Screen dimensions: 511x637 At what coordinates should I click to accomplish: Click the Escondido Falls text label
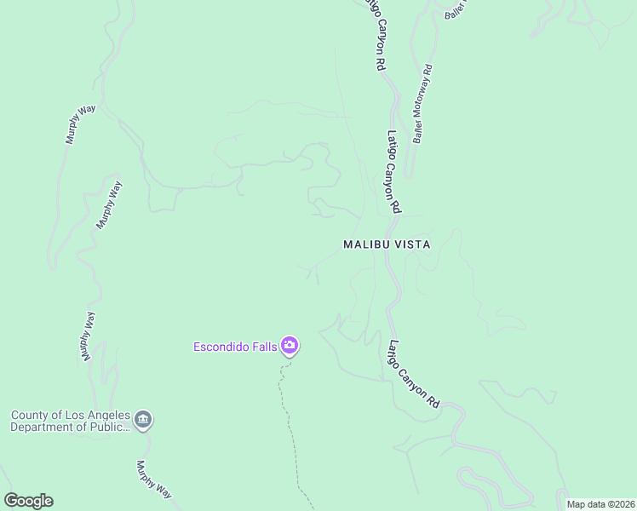(235, 346)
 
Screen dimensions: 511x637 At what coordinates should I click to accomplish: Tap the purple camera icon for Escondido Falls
(290, 346)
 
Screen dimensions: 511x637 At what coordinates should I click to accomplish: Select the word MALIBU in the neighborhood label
(366, 244)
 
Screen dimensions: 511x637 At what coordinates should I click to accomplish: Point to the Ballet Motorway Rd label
(422, 104)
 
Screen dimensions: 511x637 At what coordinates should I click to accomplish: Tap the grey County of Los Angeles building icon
(143, 420)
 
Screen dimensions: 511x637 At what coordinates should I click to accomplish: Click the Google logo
(28, 501)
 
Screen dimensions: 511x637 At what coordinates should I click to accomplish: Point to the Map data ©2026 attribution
(600, 504)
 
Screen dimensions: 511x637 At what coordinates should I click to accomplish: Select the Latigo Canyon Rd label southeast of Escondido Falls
(413, 373)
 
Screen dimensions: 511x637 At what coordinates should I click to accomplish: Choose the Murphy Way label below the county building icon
(154, 480)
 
